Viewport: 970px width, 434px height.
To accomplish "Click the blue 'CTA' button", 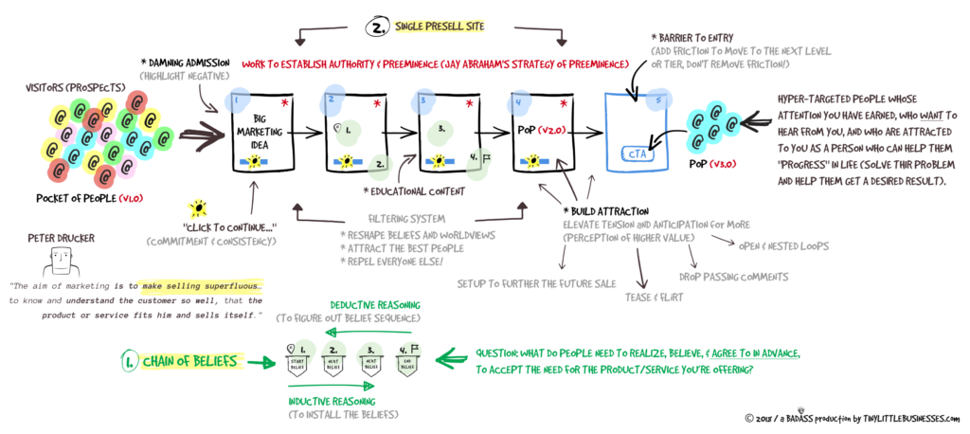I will coord(633,154).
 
